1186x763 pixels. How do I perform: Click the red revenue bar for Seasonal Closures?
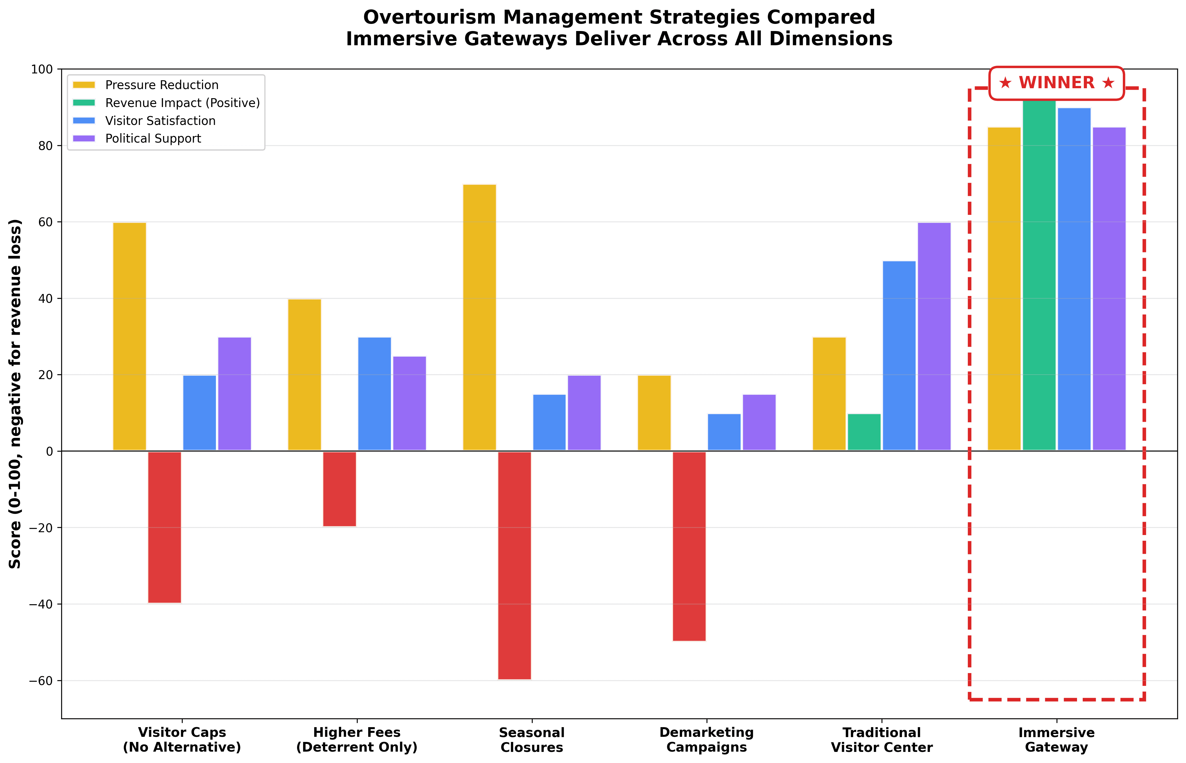coord(514,565)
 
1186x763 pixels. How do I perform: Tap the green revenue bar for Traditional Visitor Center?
coord(864,432)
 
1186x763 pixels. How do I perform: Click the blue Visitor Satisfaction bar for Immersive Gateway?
coord(1074,279)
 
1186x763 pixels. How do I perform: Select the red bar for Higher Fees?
coord(339,489)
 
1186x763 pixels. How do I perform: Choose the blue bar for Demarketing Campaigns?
coord(724,432)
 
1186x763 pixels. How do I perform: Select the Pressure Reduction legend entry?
coord(162,85)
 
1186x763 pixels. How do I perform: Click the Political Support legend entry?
coord(153,139)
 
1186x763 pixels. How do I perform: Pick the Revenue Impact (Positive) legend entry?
coord(182,103)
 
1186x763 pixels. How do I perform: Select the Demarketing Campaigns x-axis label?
coord(707,740)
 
